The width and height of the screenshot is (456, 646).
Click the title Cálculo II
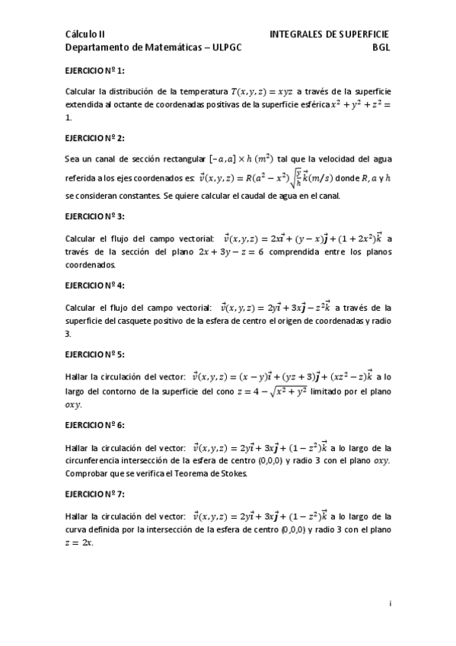(x=85, y=34)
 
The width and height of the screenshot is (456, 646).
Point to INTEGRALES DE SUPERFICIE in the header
(x=330, y=34)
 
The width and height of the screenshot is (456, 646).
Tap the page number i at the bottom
(x=390, y=604)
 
